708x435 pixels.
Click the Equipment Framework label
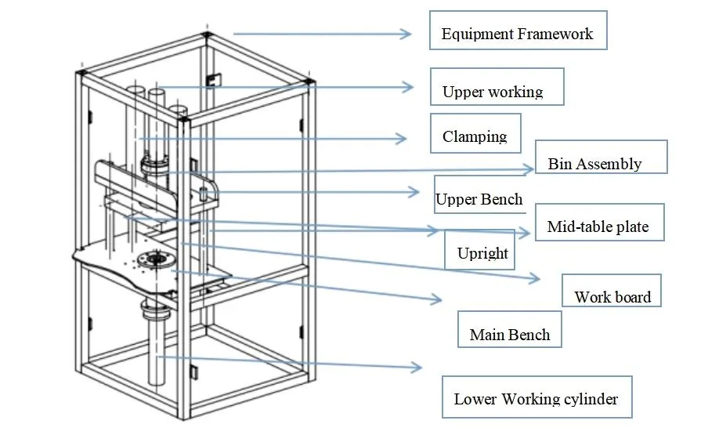(517, 34)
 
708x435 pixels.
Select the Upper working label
(493, 92)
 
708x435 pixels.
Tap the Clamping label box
(475, 136)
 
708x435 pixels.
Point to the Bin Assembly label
(594, 164)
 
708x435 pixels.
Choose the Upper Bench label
(479, 199)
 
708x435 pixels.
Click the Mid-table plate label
(598, 227)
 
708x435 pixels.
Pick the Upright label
(482, 253)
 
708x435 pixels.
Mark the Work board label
(612, 297)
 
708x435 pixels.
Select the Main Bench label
(510, 335)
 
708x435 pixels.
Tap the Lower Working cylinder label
(536, 399)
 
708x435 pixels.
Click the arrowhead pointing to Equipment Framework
(406, 34)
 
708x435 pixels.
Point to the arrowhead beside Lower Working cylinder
(417, 367)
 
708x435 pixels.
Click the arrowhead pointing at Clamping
(401, 139)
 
